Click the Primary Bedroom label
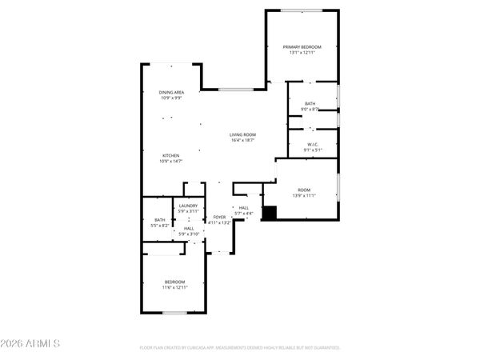tap(302, 48)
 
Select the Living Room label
tap(242, 134)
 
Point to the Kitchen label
tap(170, 155)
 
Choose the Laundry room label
tap(188, 206)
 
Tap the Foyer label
tap(218, 217)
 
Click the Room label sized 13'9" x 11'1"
tap(304, 190)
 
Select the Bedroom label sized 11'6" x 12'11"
tap(175, 282)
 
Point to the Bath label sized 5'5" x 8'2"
tap(159, 221)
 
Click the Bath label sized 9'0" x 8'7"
tap(310, 103)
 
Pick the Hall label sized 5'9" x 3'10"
tap(188, 229)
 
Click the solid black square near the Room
tap(270, 213)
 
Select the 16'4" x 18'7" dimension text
tap(242, 140)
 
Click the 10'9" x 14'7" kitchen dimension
tap(170, 161)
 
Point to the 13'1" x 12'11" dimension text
tap(302, 54)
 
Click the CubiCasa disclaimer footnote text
tap(240, 348)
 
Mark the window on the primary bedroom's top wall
tap(302, 10)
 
